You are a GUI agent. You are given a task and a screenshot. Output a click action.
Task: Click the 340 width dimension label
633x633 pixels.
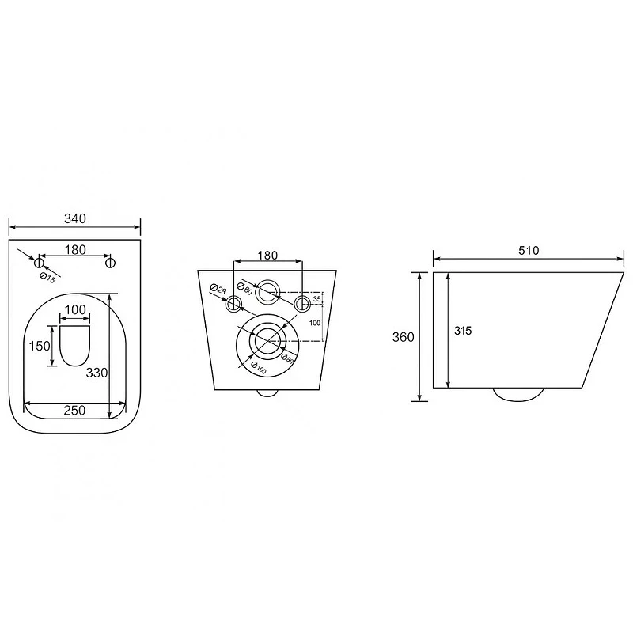[x=75, y=218]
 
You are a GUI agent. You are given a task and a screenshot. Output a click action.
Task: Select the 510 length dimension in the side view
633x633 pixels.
[x=529, y=251]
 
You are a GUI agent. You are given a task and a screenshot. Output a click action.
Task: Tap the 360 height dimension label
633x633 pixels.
[x=403, y=337]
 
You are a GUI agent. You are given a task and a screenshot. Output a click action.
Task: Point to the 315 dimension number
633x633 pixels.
[x=463, y=331]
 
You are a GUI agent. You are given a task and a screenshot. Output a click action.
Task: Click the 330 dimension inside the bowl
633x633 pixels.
[x=97, y=373]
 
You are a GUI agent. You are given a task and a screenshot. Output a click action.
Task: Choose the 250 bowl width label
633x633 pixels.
[x=74, y=410]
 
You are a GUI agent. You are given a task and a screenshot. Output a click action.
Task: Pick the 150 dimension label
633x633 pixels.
[x=40, y=346]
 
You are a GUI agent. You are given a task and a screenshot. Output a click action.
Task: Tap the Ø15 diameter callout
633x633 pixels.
[x=47, y=278]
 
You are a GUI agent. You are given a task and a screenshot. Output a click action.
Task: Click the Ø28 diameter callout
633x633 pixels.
[x=218, y=289]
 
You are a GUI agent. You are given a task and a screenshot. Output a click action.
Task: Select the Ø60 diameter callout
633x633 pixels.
[x=244, y=289]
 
